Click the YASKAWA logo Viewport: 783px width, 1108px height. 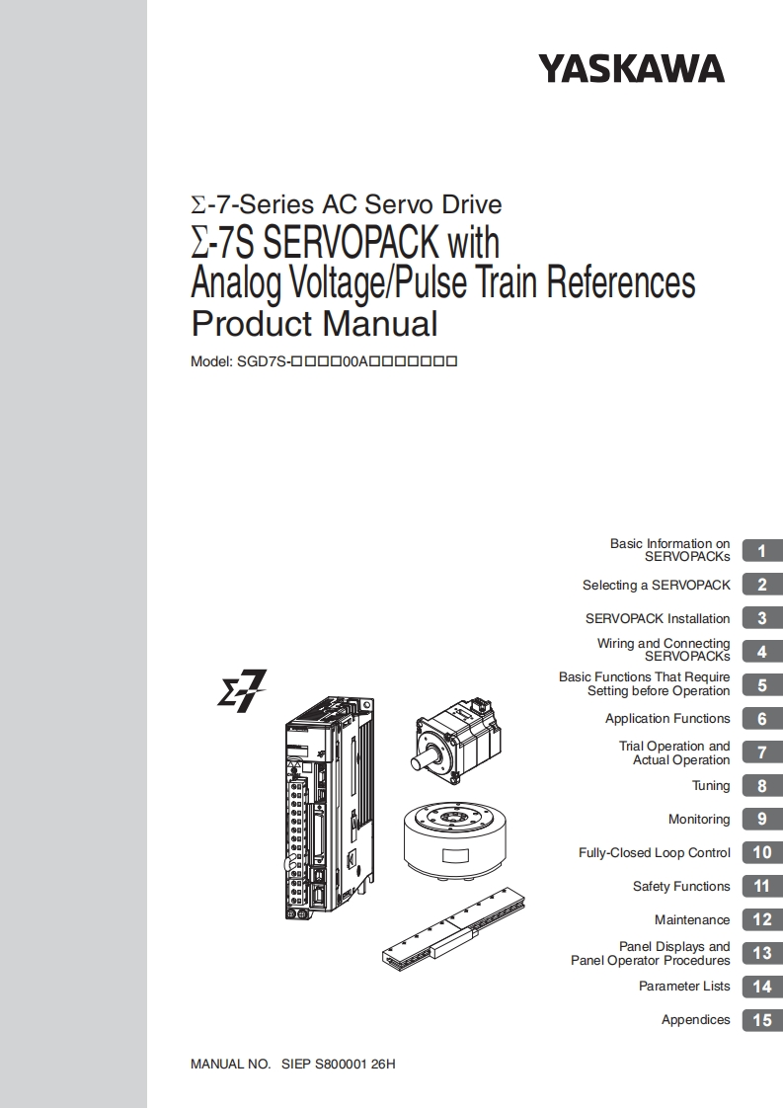(x=632, y=69)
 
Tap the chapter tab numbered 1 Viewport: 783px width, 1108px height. (x=762, y=550)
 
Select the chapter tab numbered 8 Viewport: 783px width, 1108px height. (x=762, y=786)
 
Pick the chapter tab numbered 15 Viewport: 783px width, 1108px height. (x=762, y=1020)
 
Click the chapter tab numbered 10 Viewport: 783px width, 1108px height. (x=762, y=853)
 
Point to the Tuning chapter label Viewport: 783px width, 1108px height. (x=711, y=786)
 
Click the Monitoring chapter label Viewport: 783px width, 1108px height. (x=699, y=819)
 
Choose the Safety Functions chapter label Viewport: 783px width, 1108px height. (x=681, y=886)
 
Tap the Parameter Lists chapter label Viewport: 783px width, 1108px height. (x=684, y=986)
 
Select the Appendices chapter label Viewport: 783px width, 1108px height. (x=695, y=1020)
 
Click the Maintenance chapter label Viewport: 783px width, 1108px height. (x=692, y=919)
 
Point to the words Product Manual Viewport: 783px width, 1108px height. (x=314, y=324)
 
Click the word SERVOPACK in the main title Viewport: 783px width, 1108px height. (x=352, y=242)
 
